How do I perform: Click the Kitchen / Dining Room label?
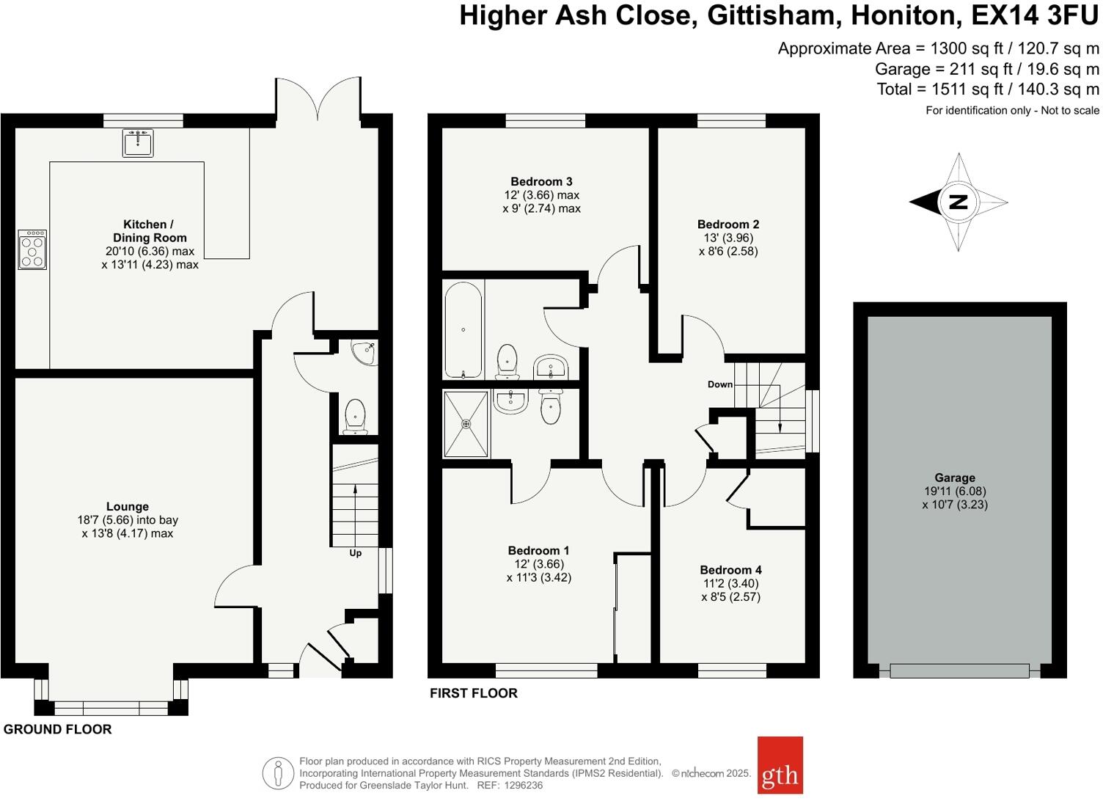click(x=150, y=231)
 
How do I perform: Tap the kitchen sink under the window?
click(x=137, y=144)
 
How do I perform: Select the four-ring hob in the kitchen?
click(x=32, y=249)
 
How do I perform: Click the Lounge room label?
click(x=128, y=506)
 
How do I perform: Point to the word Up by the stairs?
click(x=355, y=553)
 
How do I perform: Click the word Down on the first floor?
click(x=719, y=384)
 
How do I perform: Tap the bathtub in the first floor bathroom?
click(x=463, y=329)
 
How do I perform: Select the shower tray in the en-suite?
click(x=466, y=423)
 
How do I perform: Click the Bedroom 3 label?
click(x=541, y=181)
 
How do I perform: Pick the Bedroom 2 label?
click(x=728, y=224)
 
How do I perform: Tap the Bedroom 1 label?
click(x=538, y=550)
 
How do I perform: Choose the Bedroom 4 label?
click(x=730, y=570)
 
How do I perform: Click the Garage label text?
click(x=954, y=478)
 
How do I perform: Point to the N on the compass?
click(x=957, y=202)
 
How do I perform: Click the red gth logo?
click(x=780, y=765)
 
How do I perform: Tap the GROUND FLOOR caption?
click(x=58, y=729)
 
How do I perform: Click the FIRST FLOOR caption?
click(x=474, y=693)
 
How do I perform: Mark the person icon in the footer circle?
click(x=278, y=773)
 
